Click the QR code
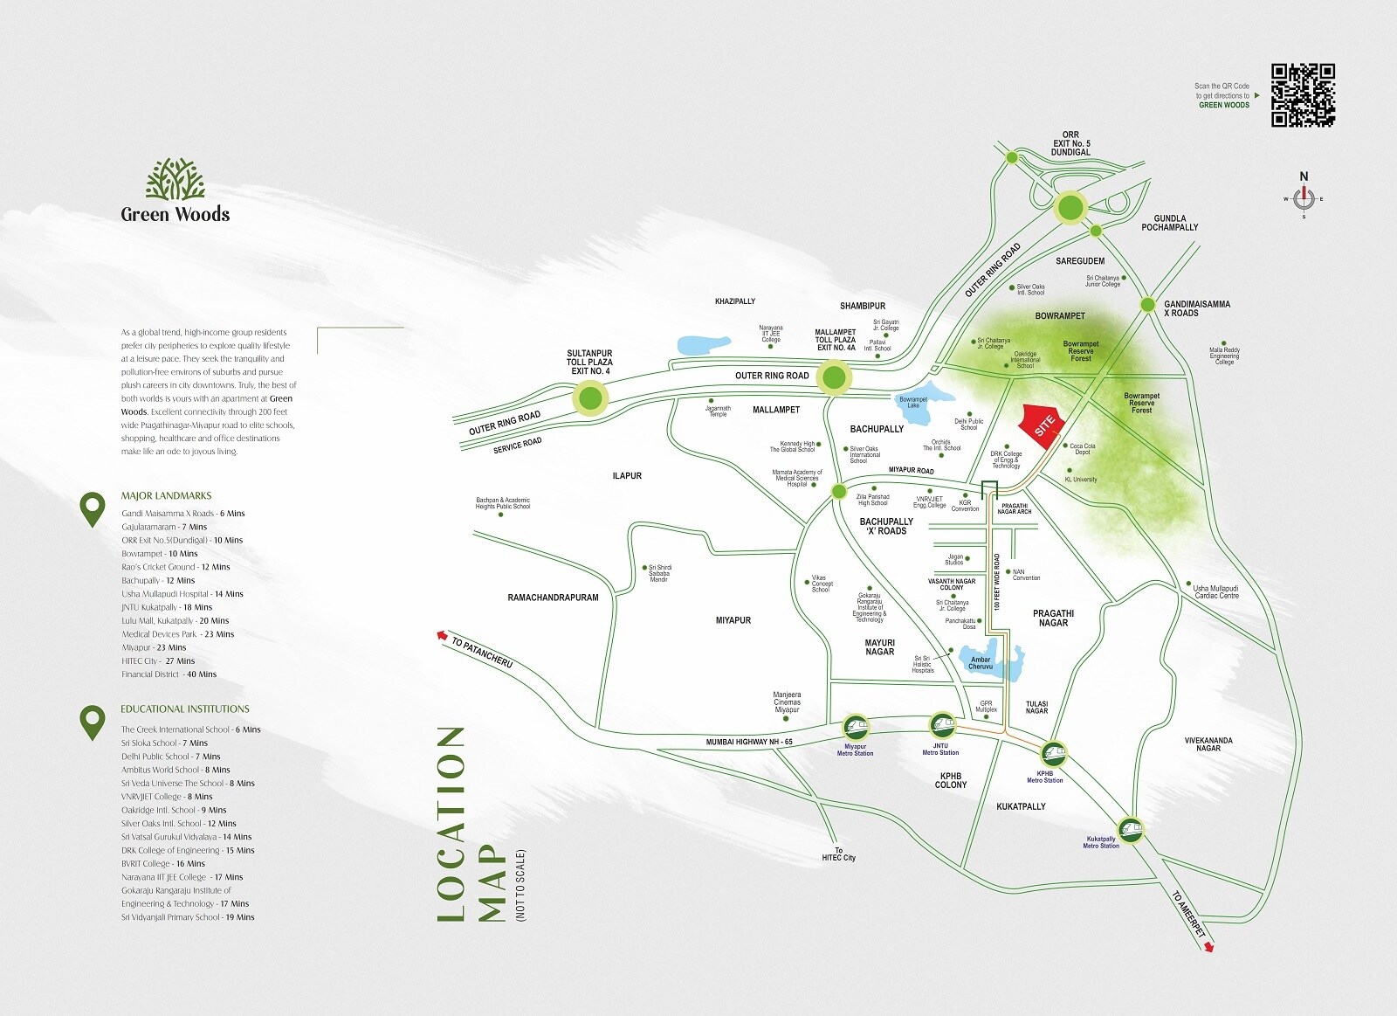click(1303, 95)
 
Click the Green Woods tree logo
click(175, 179)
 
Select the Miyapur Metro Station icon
click(856, 727)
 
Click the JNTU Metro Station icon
click(941, 725)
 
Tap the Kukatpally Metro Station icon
click(1131, 830)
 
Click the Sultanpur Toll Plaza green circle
click(590, 399)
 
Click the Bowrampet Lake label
click(913, 402)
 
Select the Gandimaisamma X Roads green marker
click(1148, 304)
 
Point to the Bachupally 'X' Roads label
click(885, 526)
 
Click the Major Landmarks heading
click(166, 495)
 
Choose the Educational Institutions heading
click(185, 708)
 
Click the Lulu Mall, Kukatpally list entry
click(175, 620)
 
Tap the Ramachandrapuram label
click(553, 598)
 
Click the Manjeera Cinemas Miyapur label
click(787, 702)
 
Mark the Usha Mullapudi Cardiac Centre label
click(1216, 591)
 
